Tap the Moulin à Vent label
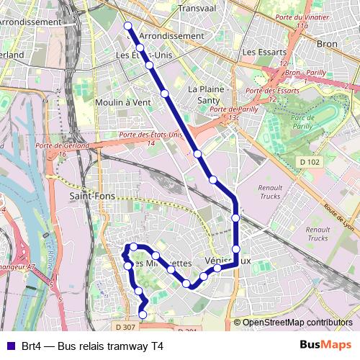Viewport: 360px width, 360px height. [x=123, y=103]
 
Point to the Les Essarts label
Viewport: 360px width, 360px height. [x=264, y=53]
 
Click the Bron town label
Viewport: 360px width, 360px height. [x=327, y=44]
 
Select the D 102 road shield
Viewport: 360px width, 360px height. [x=308, y=163]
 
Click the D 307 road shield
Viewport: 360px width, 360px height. [x=126, y=328]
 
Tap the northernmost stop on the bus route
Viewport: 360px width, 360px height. [x=128, y=26]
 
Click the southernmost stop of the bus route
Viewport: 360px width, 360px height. [x=143, y=315]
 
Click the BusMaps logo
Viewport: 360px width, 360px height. [x=325, y=346]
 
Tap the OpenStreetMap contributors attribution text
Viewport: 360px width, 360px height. [x=297, y=323]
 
